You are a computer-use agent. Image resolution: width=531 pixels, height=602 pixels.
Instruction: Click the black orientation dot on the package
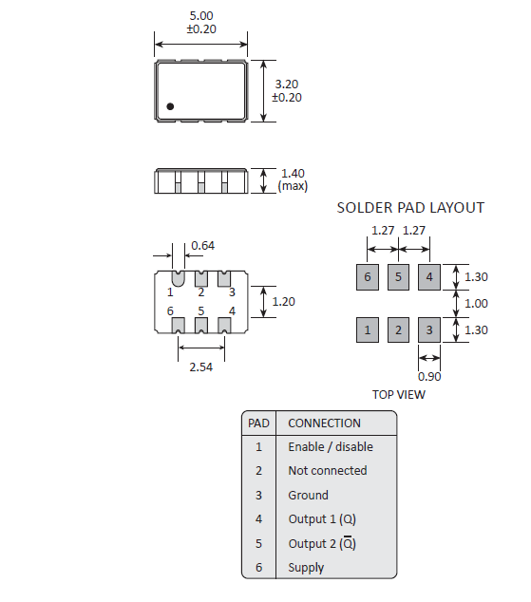(170, 106)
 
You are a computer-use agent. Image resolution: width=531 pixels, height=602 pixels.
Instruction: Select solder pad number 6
(368, 277)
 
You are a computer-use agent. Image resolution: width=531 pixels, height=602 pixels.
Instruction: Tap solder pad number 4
(429, 277)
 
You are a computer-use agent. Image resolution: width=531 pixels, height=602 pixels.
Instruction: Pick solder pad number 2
(398, 329)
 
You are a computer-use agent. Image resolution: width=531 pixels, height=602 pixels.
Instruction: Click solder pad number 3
(429, 329)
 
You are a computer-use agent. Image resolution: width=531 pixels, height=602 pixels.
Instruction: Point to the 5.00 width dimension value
(201, 16)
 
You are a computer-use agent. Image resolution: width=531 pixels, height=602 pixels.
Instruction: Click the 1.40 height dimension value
(293, 174)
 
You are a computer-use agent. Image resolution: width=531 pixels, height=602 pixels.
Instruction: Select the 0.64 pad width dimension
(202, 245)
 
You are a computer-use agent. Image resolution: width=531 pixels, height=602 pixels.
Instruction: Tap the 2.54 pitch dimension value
(200, 367)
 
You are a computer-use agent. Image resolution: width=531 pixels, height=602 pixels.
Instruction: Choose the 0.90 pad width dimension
(429, 377)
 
